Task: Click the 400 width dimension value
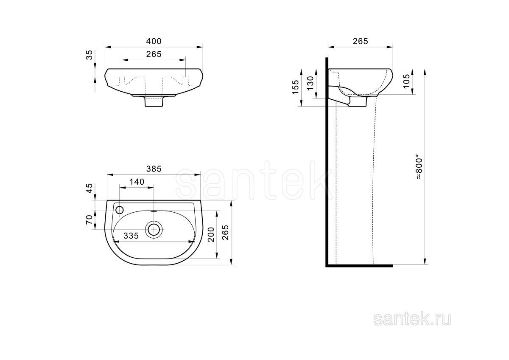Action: point(154,41)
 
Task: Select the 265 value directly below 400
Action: point(154,54)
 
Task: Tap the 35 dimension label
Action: point(89,55)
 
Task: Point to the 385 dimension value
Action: point(154,169)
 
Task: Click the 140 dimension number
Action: point(137,182)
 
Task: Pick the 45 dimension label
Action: point(89,188)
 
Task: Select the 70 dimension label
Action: point(89,220)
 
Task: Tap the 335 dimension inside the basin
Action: point(131,236)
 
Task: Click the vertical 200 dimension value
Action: point(211,234)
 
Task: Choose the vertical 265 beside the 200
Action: point(225,232)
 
